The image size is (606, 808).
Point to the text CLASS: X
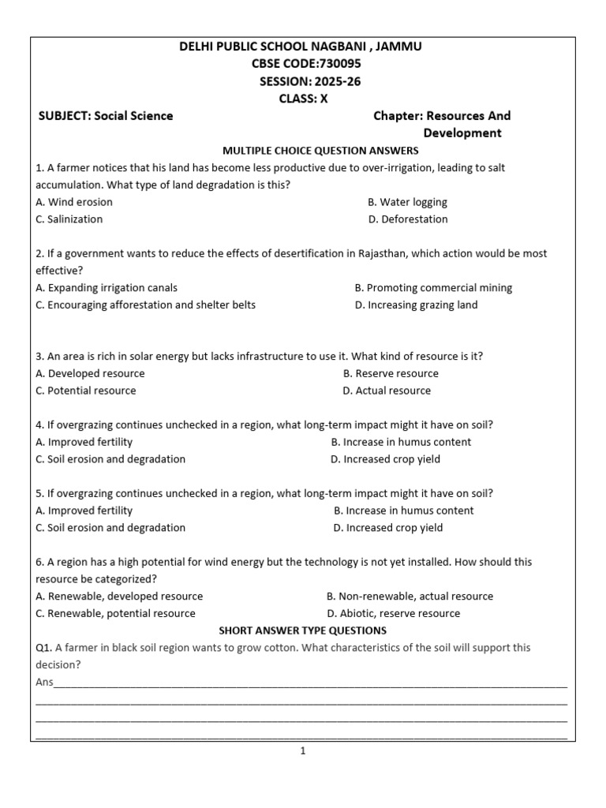coord(303,99)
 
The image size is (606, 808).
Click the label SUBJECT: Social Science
coord(106,116)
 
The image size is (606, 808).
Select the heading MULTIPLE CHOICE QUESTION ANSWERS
coord(320,150)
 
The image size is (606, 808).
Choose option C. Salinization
coord(69,219)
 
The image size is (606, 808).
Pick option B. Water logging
coord(407,202)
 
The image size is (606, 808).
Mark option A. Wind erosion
coord(74,202)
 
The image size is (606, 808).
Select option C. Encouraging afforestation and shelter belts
coord(146,305)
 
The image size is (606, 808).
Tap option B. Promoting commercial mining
coord(433,288)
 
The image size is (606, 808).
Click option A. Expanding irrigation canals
coord(107,288)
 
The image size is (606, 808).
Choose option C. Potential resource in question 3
coord(86,391)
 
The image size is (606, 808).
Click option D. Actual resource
coord(387,391)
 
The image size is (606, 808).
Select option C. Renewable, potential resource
coord(115,613)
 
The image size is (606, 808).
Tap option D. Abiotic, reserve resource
coord(393,613)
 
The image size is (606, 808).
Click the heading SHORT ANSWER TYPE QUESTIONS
coord(302,630)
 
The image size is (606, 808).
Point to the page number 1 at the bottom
coord(302,751)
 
